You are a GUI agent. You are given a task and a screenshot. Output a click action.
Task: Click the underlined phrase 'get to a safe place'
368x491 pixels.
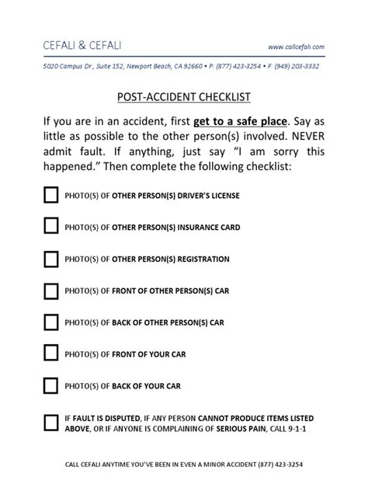point(240,123)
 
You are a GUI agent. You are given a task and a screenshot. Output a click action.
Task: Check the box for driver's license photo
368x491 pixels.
point(51,195)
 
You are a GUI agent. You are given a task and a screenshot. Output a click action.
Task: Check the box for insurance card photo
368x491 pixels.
point(51,226)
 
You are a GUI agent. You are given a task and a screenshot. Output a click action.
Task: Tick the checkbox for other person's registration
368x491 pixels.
point(51,258)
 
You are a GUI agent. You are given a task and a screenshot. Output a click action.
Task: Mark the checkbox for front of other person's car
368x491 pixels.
point(51,290)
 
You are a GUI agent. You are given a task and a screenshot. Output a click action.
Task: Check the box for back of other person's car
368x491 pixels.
point(51,322)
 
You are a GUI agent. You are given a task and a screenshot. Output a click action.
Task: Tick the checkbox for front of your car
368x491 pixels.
point(51,353)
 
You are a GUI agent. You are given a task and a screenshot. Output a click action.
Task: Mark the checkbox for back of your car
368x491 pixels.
point(51,385)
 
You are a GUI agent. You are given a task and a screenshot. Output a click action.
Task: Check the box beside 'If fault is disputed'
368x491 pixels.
point(51,422)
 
